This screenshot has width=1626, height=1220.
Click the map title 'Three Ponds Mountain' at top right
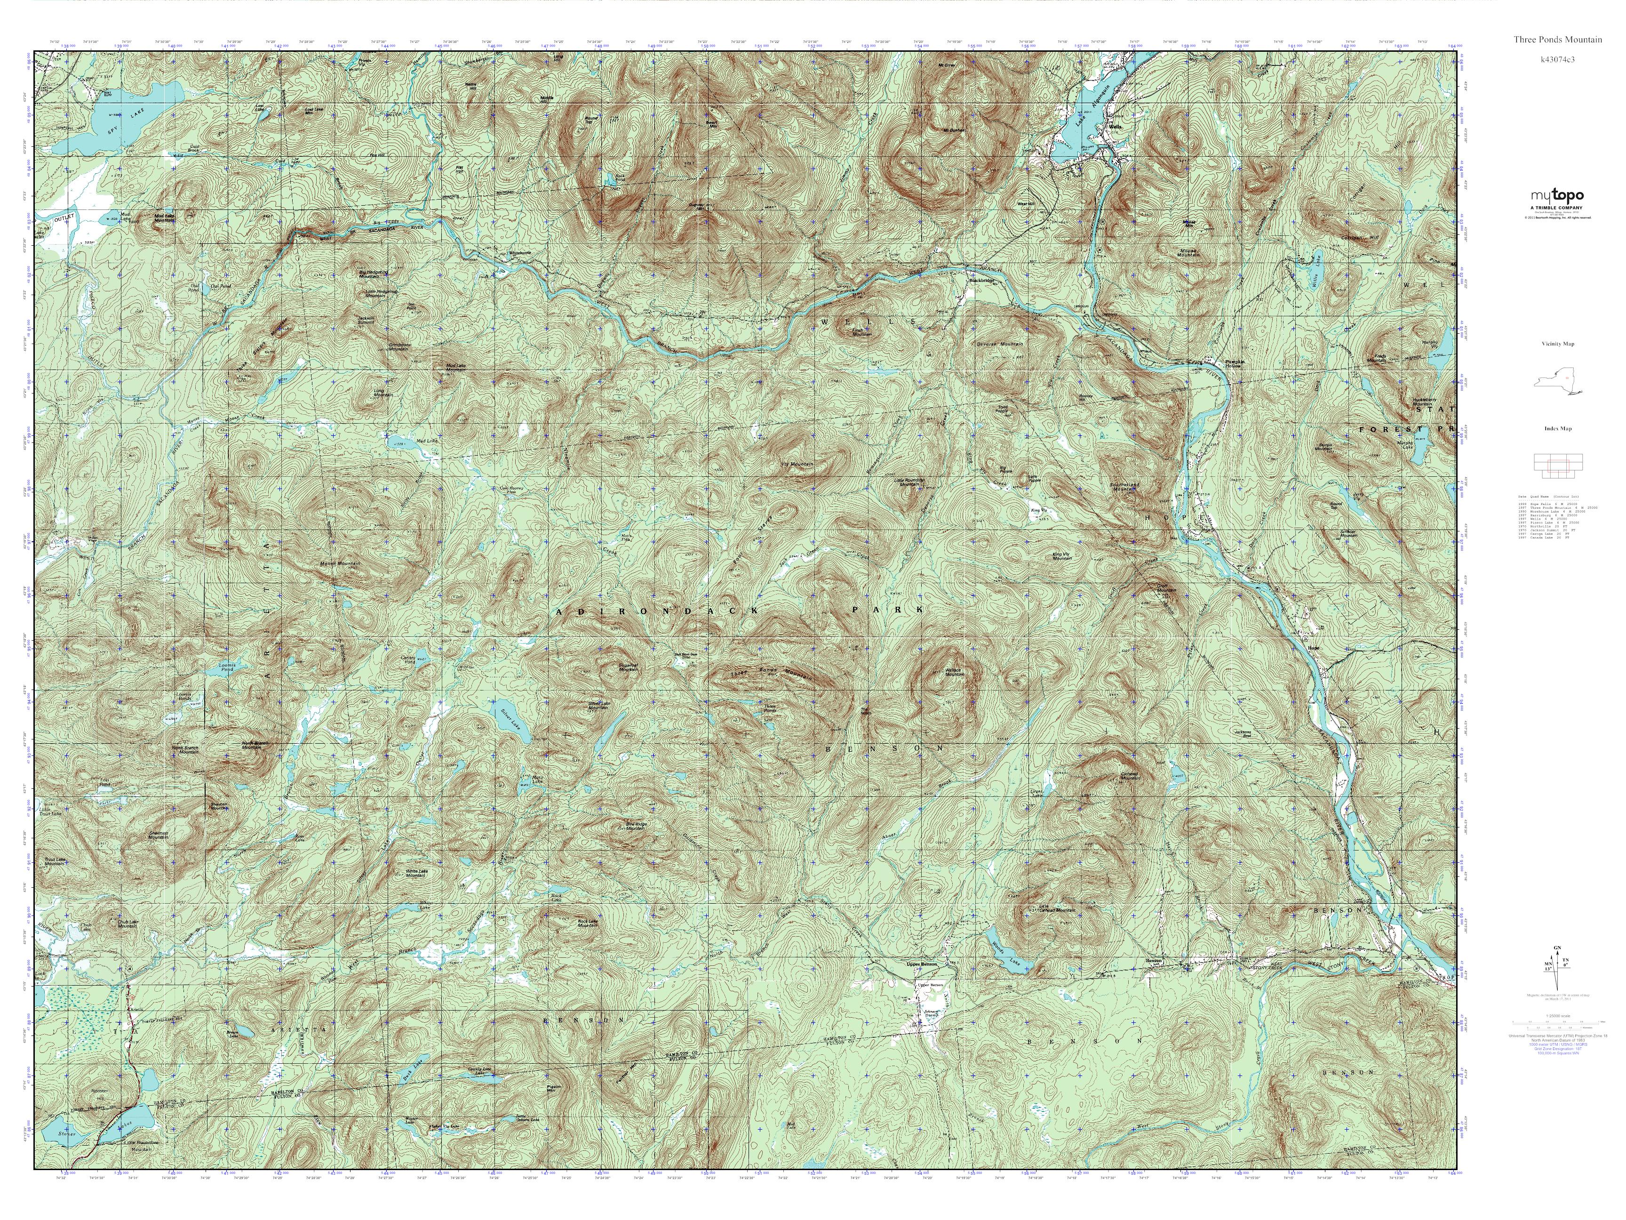click(1557, 39)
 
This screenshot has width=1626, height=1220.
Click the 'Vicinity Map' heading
click(1558, 344)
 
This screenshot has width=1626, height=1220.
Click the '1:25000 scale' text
click(1557, 1016)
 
